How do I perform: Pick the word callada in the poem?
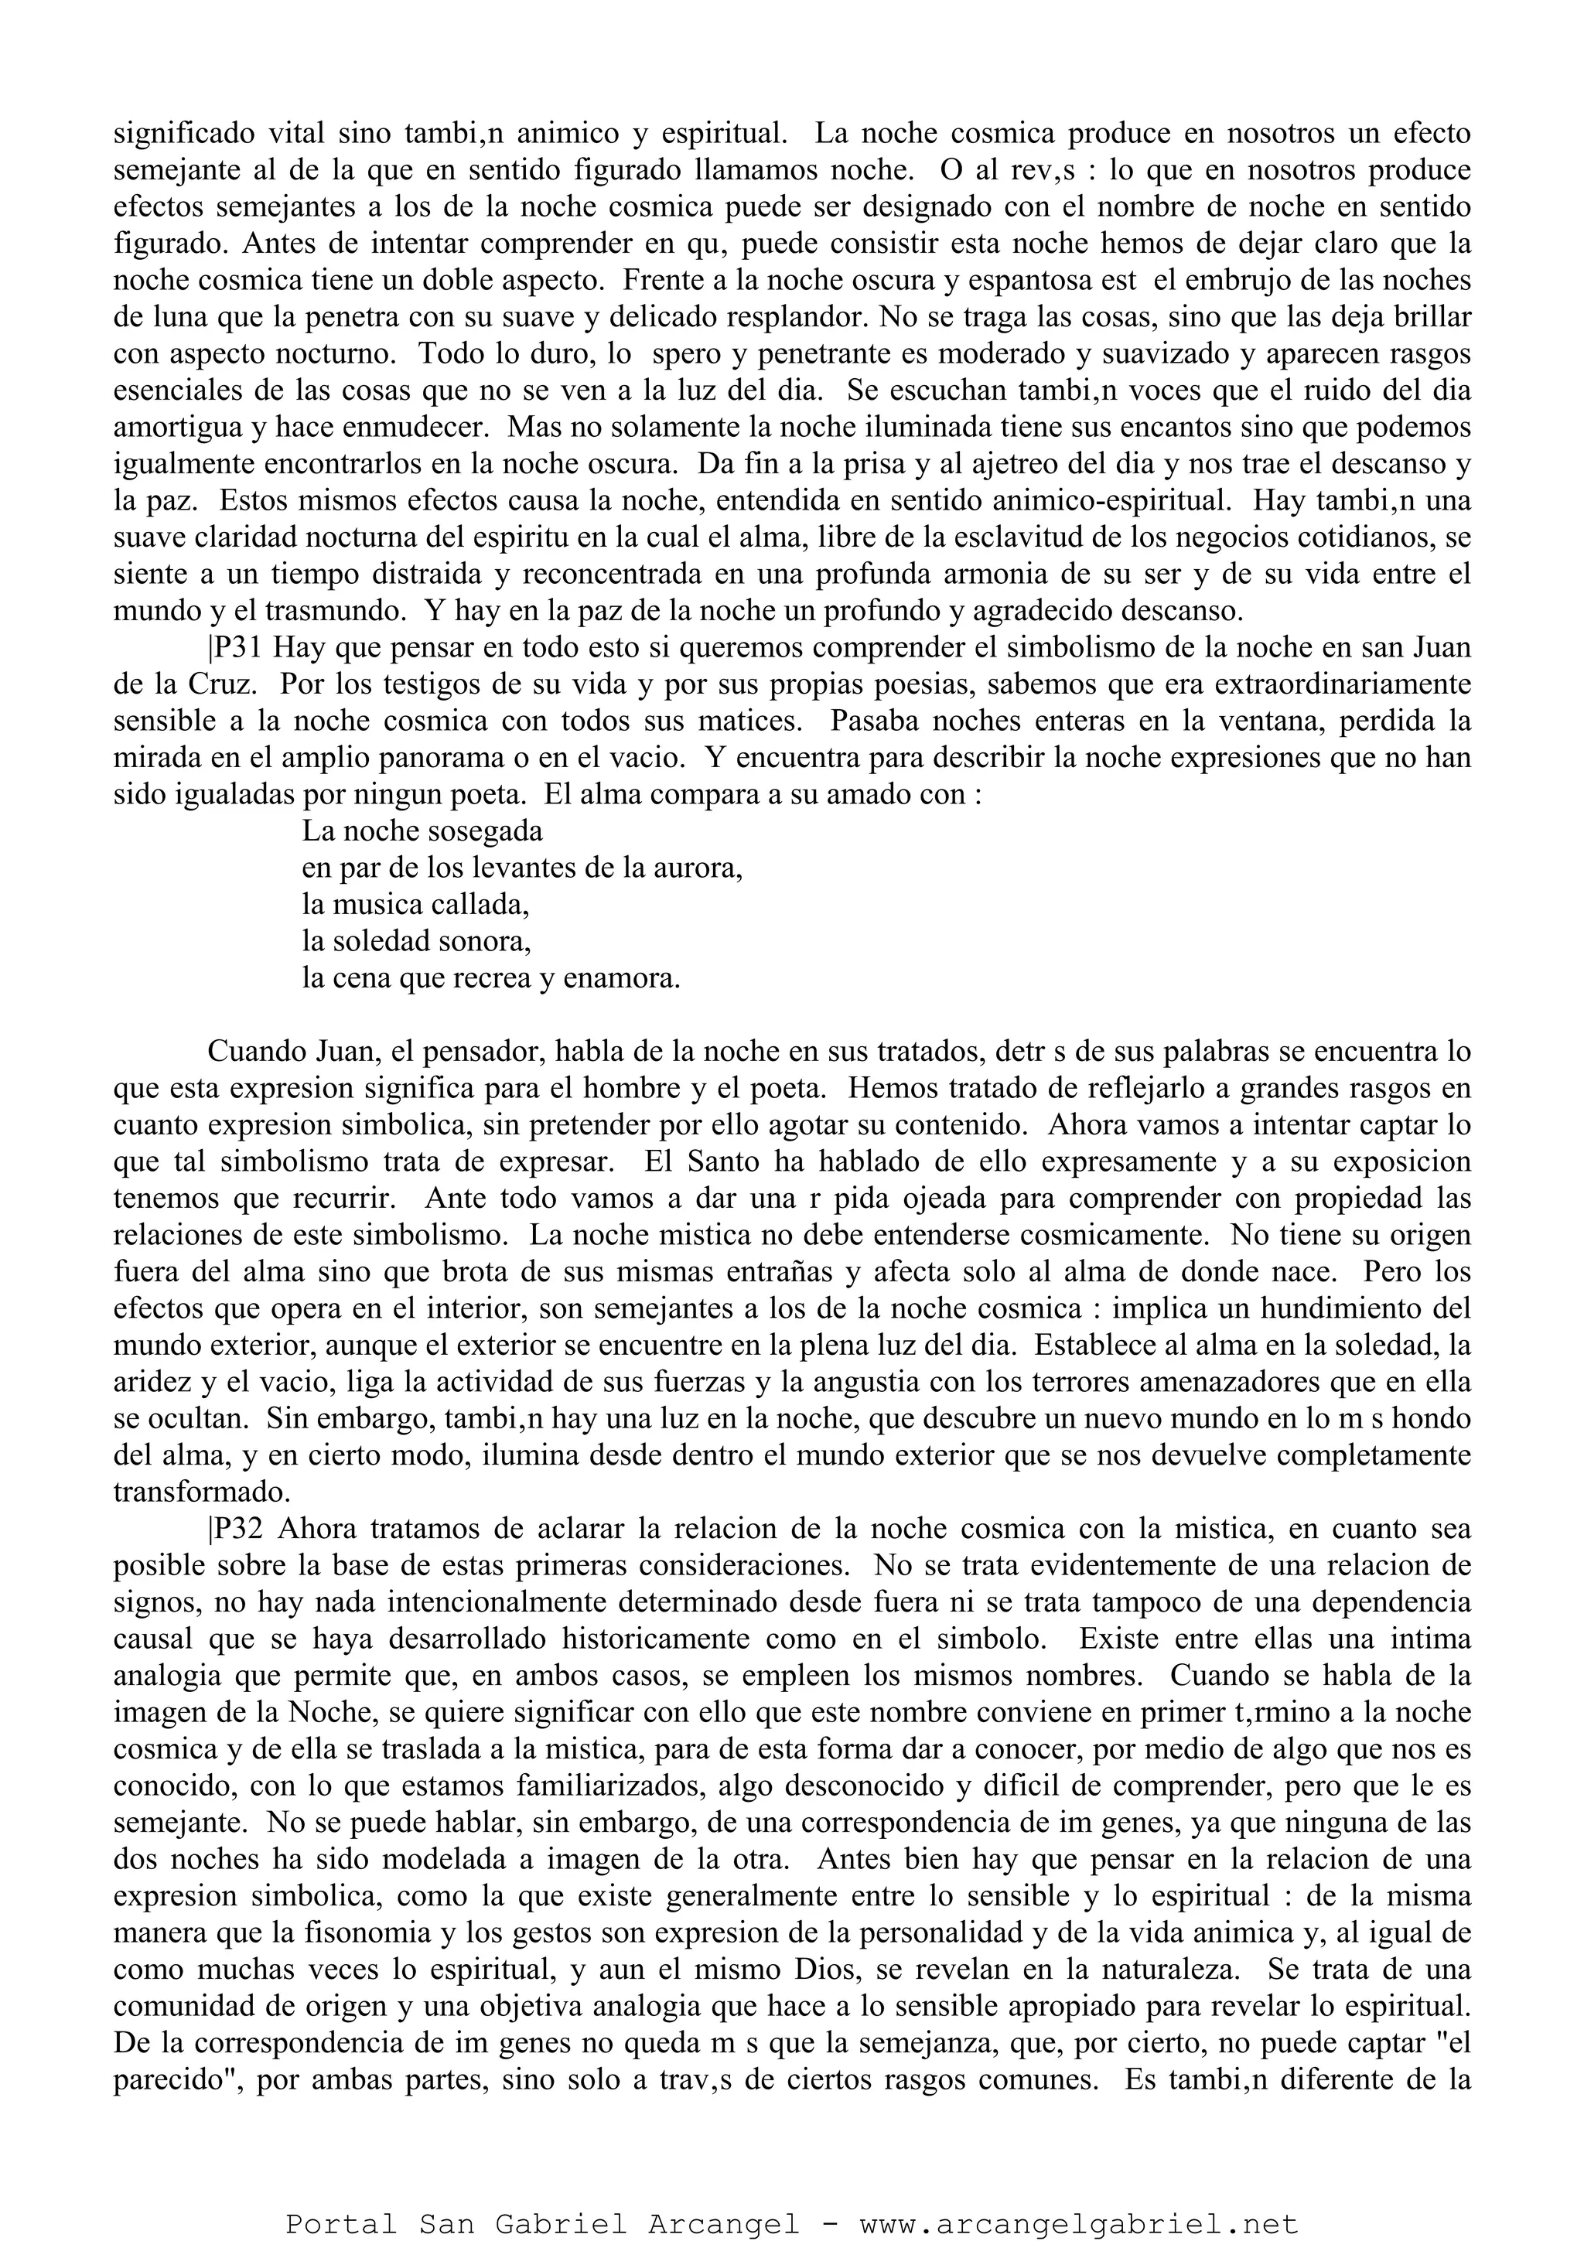click(x=481, y=905)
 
